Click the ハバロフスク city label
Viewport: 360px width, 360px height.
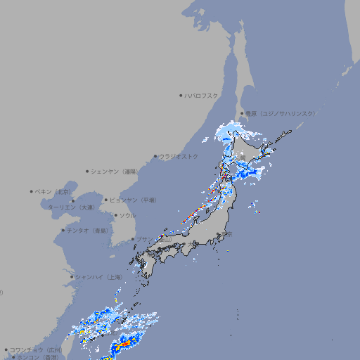202,95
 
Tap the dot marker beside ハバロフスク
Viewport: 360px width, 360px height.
181,95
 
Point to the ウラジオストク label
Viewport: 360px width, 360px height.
179,156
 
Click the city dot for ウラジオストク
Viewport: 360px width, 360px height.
155,156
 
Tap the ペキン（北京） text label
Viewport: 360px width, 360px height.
54,191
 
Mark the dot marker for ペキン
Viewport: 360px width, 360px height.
32,191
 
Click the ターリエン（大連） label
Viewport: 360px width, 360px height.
70,207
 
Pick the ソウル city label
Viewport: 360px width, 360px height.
127,215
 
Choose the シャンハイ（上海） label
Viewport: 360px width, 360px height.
98,277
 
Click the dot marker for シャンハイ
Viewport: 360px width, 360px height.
72,277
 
